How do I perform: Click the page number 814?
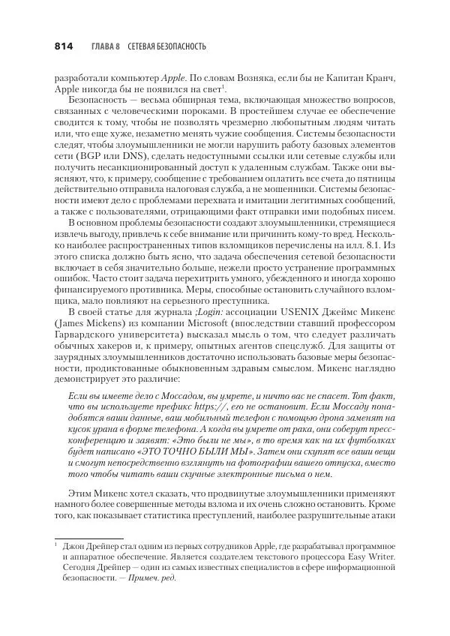(63, 46)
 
